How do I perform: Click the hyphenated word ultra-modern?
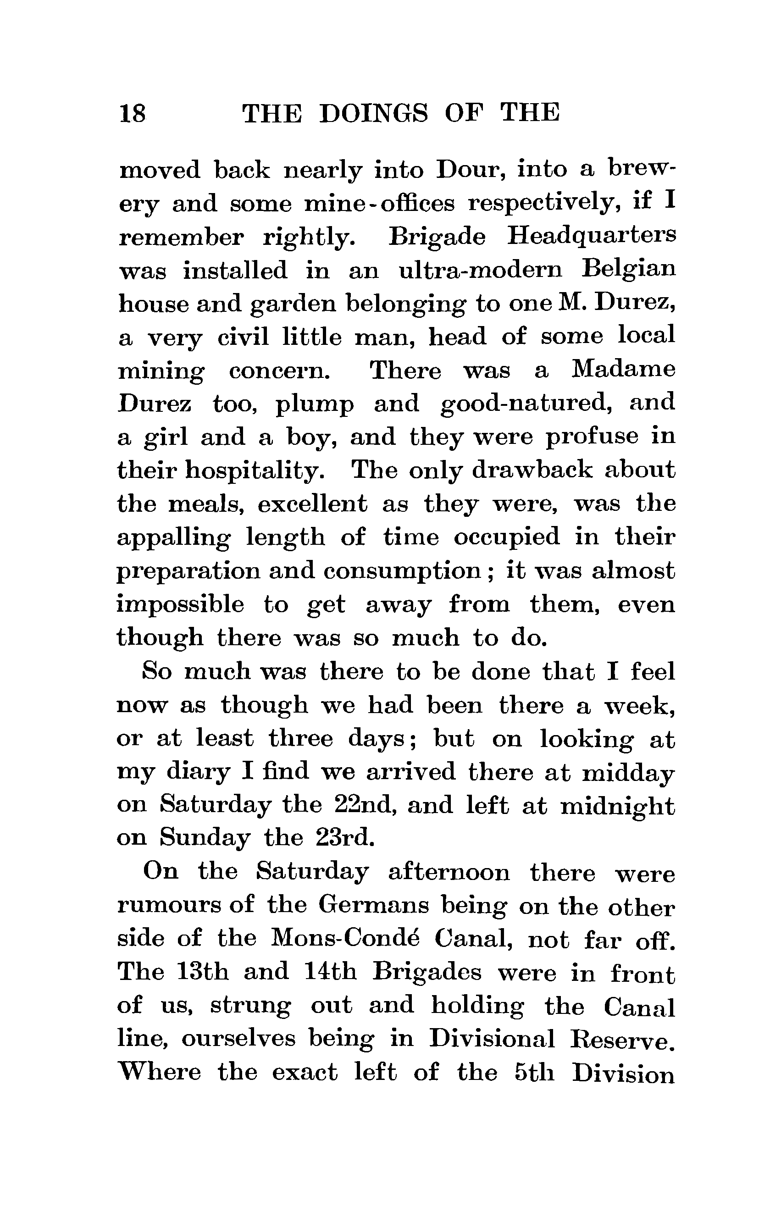pos(481,270)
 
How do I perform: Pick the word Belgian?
pos(628,270)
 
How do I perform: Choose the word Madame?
pos(623,371)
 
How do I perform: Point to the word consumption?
pos(402,571)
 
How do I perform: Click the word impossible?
pos(180,605)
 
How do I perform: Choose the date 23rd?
pos(345,839)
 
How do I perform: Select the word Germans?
pos(374,905)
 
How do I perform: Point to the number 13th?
pos(203,972)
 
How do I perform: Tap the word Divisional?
pos(492,1039)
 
